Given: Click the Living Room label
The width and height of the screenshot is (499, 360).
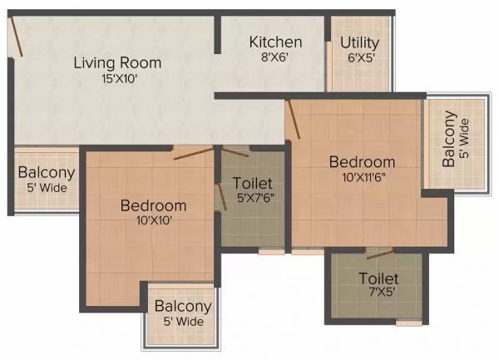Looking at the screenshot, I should click(x=117, y=62).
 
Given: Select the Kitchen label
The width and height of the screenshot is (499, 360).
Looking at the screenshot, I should click(x=275, y=42).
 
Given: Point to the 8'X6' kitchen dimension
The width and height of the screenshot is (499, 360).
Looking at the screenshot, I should click(x=275, y=58).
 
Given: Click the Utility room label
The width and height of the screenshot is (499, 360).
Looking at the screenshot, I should click(x=360, y=42).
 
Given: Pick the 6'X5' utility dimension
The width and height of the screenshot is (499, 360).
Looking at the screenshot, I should click(x=360, y=58).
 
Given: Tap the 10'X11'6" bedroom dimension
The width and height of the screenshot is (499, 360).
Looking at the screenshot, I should click(x=361, y=176).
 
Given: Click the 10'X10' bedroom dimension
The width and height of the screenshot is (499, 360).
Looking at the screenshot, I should click(x=153, y=220).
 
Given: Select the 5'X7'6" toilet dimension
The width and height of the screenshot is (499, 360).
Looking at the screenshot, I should click(x=253, y=198).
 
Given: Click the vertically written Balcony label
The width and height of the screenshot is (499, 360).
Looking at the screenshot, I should click(x=450, y=138).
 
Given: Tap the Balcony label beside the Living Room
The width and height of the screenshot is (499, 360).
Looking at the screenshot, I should click(x=47, y=174).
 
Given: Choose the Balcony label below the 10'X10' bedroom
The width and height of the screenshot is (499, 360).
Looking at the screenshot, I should click(x=183, y=306).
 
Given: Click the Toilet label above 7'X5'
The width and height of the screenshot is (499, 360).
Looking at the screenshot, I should click(x=378, y=279).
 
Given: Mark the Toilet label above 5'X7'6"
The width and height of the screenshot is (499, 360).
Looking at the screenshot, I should click(x=253, y=182).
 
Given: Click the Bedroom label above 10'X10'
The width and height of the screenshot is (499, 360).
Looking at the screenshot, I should click(x=153, y=205).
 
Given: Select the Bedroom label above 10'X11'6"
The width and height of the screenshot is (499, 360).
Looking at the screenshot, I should click(x=361, y=161).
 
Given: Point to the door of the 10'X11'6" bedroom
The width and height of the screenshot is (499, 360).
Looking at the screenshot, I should click(x=293, y=119).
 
